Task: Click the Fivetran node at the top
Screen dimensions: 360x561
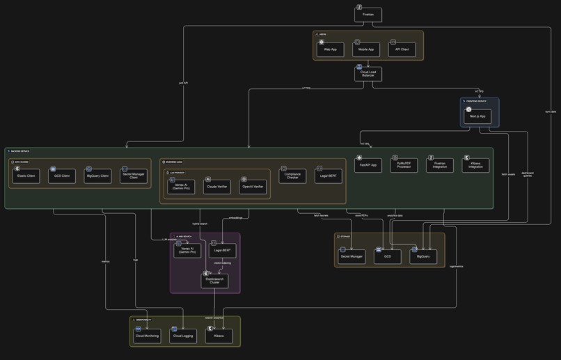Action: click(x=368, y=13)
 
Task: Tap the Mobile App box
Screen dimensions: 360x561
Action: click(x=365, y=49)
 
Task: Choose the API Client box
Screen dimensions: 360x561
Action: click(x=402, y=49)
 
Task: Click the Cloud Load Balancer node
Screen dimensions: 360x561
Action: click(x=368, y=73)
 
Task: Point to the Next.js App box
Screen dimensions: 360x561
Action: click(x=477, y=116)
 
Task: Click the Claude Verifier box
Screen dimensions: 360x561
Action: click(x=217, y=186)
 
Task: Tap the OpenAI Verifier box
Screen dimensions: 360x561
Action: click(x=253, y=186)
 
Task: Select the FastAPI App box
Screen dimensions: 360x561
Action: click(x=368, y=164)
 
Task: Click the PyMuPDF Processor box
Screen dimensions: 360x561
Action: click(x=404, y=164)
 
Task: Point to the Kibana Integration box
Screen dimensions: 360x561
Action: click(x=475, y=164)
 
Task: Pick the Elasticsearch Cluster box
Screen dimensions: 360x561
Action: click(x=214, y=280)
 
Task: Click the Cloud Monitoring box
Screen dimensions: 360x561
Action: click(x=147, y=336)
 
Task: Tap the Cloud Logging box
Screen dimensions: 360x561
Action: click(x=183, y=336)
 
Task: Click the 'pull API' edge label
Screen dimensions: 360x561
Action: click(x=182, y=83)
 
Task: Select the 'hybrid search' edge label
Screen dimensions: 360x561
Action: click(x=200, y=224)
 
